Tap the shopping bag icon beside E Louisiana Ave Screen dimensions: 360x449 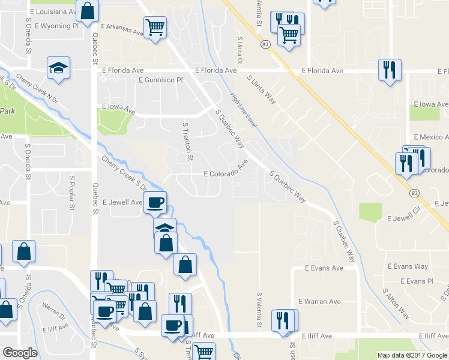point(88,11)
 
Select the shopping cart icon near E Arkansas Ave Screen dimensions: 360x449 point(155,26)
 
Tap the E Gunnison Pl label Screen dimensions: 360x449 point(160,80)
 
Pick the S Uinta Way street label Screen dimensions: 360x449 point(262,89)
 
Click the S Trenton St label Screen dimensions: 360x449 point(187,141)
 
